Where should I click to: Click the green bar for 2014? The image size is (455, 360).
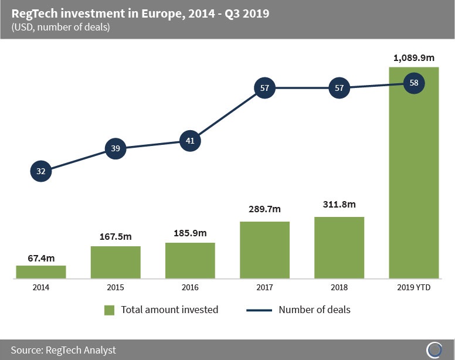pyautogui.click(x=40, y=271)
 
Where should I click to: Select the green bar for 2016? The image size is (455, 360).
pyautogui.click(x=190, y=260)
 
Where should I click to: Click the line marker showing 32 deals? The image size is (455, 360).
pyautogui.click(x=40, y=172)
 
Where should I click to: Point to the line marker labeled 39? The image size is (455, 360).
pyautogui.click(x=116, y=148)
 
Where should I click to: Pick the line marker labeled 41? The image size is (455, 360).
pyautogui.click(x=190, y=141)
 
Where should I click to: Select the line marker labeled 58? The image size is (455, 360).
pyautogui.click(x=414, y=83)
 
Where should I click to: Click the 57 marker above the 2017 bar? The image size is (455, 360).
pyautogui.click(x=264, y=88)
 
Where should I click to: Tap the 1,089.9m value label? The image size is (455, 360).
pyautogui.click(x=414, y=57)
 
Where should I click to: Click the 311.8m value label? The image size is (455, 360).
pyautogui.click(x=339, y=205)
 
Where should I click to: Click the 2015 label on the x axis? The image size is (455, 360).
pyautogui.click(x=116, y=287)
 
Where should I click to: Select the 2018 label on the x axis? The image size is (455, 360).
pyautogui.click(x=339, y=287)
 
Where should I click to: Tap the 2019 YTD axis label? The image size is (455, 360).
pyautogui.click(x=414, y=287)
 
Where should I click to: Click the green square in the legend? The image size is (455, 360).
pyautogui.click(x=109, y=310)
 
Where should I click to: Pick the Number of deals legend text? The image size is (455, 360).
pyautogui.click(x=314, y=310)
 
